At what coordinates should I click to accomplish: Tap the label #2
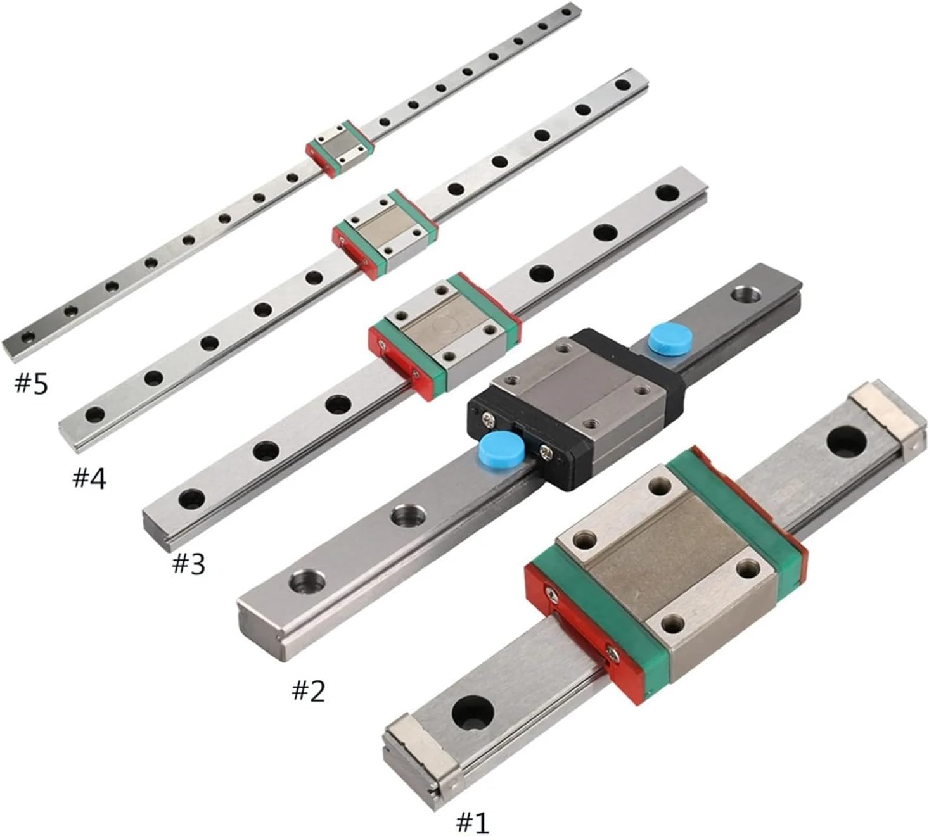(308, 690)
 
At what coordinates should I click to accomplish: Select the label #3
(189, 563)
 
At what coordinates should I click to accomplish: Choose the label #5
(31, 383)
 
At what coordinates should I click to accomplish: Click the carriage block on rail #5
(340, 147)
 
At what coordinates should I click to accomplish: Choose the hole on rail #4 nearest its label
(96, 415)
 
